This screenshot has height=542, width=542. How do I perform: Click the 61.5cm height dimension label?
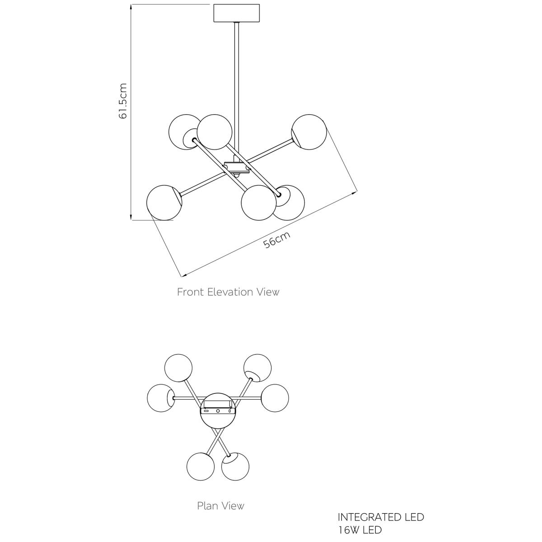[x=123, y=101]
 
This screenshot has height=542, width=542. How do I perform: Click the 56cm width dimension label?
[x=276, y=240]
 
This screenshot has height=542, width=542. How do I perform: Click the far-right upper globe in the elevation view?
[x=309, y=131]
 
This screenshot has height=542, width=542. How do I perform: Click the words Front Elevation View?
[x=228, y=292]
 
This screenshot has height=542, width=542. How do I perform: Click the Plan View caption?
[x=220, y=505]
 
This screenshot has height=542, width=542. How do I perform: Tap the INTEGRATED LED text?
[x=381, y=517]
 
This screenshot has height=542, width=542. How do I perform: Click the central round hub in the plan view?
[x=218, y=418]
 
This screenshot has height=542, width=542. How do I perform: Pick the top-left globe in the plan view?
[x=178, y=368]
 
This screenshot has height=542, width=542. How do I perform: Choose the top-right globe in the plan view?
[x=258, y=368]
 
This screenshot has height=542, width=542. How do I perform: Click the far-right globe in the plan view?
[x=275, y=398]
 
